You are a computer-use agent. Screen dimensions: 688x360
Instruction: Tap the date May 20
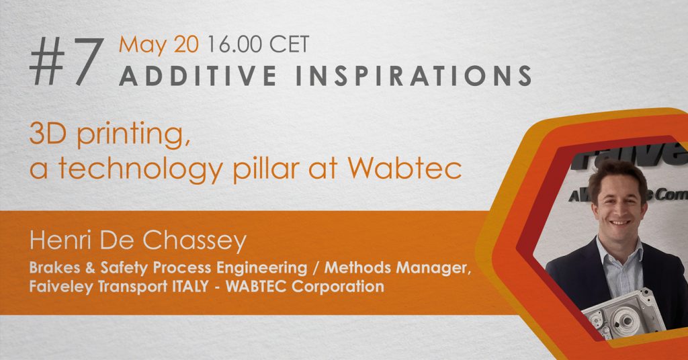point(159,45)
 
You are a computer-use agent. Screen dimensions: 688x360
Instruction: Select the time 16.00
point(234,45)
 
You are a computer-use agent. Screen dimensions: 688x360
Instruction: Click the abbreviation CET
point(290,45)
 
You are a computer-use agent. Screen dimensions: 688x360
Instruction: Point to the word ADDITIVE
point(198,75)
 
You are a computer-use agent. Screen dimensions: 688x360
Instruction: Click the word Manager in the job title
point(434,268)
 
